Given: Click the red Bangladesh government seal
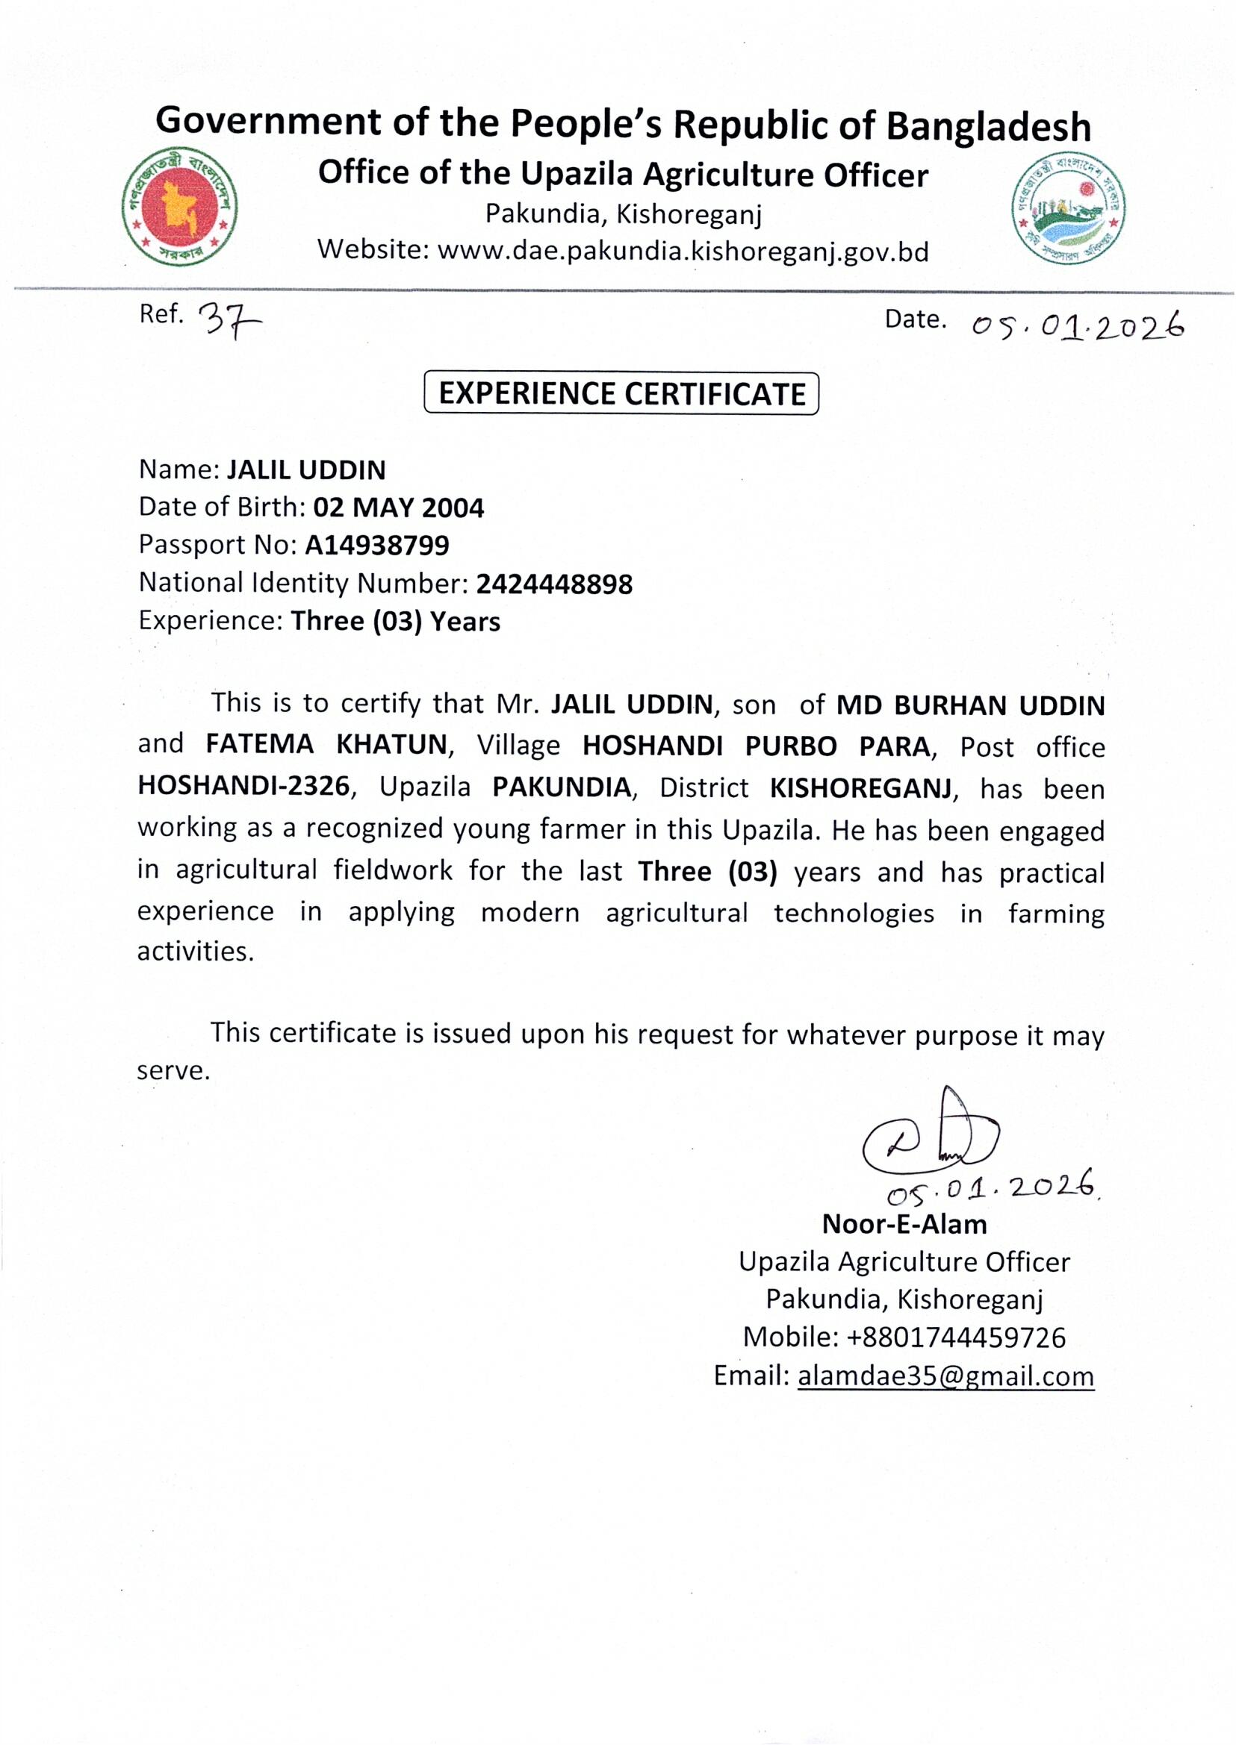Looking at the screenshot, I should tap(180, 205).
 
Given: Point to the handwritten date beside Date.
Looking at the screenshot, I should tap(1078, 326).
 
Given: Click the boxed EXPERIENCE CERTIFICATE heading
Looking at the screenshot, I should tap(621, 393).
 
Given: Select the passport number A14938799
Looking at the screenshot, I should tap(376, 545).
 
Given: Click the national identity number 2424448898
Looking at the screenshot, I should tap(554, 584).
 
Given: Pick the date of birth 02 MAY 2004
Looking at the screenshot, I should tap(398, 508).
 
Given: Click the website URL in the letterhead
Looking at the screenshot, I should tap(683, 251).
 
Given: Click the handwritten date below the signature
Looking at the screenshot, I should tap(993, 1187).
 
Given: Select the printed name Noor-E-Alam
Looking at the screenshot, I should tap(904, 1224).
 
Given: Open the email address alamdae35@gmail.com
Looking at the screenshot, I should tap(945, 1376).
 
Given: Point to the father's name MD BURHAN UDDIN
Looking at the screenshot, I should tap(970, 705).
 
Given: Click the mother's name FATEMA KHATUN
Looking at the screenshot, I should tap(326, 744).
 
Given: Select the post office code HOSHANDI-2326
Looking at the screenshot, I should tap(243, 786).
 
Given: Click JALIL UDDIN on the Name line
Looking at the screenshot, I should tap(306, 470).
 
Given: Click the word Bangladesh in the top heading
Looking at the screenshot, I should tap(989, 125).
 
